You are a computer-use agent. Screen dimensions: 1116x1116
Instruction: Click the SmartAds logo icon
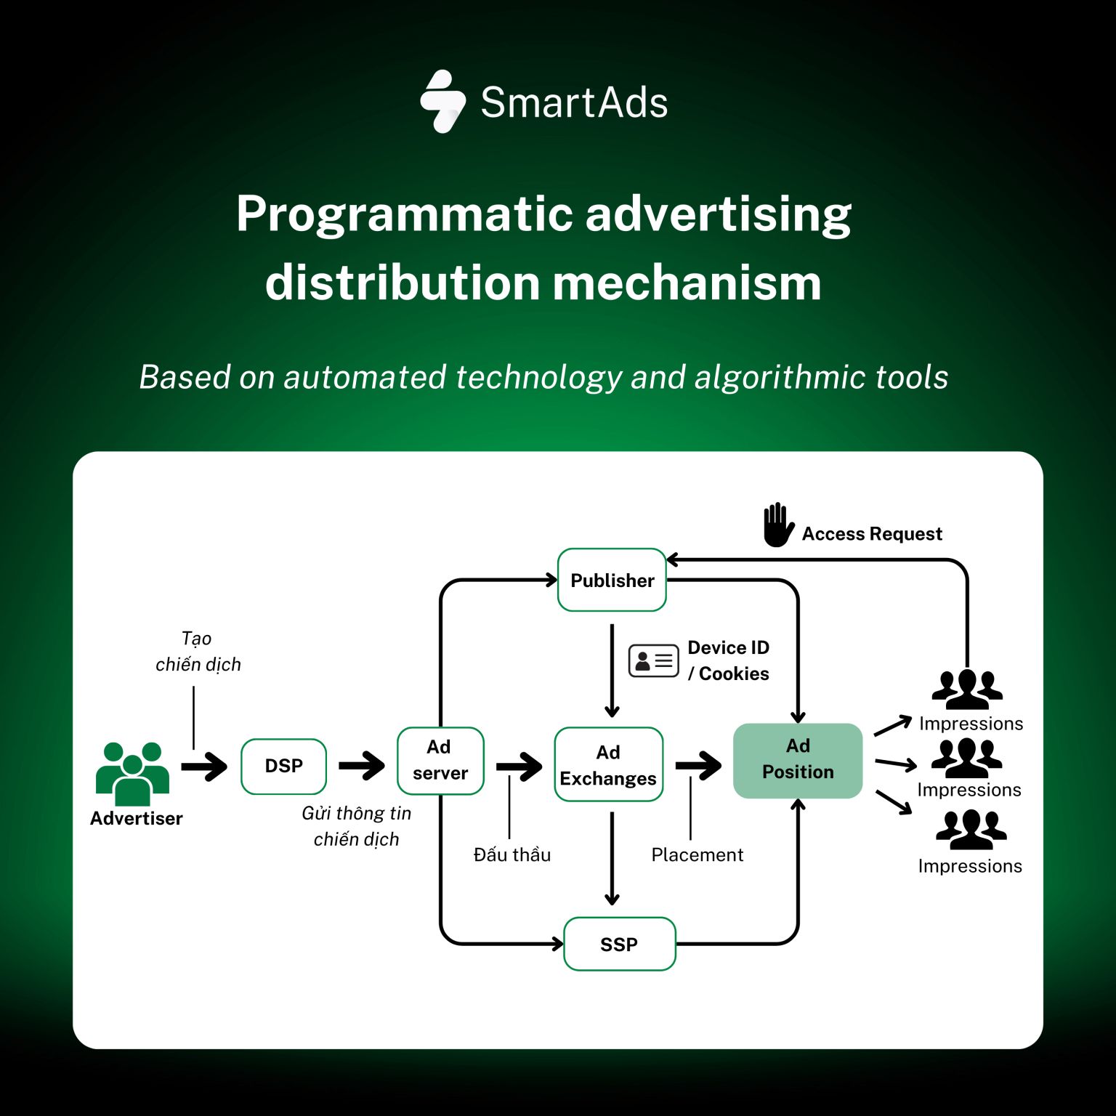point(443,102)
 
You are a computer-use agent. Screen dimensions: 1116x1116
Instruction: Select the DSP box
point(283,766)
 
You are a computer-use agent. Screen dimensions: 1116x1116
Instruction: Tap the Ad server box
point(440,760)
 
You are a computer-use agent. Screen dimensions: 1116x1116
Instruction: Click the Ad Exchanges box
point(608,765)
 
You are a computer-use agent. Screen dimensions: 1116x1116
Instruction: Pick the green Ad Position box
point(798,760)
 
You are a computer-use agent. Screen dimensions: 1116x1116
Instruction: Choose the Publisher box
point(612,581)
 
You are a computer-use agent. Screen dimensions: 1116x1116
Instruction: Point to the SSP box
point(619,944)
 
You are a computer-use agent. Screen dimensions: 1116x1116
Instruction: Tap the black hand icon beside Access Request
point(777,525)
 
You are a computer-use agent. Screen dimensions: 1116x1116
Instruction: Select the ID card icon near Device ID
point(653,660)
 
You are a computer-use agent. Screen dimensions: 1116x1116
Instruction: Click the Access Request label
point(871,534)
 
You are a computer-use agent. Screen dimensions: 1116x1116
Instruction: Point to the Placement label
point(697,855)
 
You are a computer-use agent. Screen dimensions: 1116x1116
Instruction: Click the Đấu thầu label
point(511,855)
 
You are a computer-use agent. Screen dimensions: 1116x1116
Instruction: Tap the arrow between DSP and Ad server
point(362,765)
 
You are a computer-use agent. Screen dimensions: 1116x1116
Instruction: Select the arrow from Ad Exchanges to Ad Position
point(698,765)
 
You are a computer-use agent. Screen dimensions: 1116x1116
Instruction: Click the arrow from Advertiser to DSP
point(204,767)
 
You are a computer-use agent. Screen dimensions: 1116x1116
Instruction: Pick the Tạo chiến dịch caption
point(198,652)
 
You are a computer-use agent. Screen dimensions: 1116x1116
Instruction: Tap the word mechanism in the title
point(687,283)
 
